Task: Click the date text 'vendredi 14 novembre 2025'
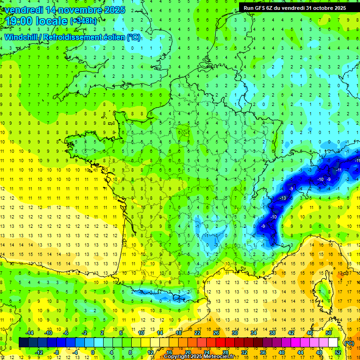(x=65, y=10)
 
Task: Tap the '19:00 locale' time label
(x=36, y=21)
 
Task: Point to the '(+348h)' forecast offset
(x=84, y=21)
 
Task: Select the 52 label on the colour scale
(x=337, y=352)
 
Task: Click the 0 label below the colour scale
(x=93, y=352)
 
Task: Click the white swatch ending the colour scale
(x=333, y=343)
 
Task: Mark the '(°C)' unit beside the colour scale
(x=349, y=343)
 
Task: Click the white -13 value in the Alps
(x=283, y=198)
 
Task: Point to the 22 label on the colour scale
(x=197, y=333)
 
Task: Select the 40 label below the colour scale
(x=281, y=352)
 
